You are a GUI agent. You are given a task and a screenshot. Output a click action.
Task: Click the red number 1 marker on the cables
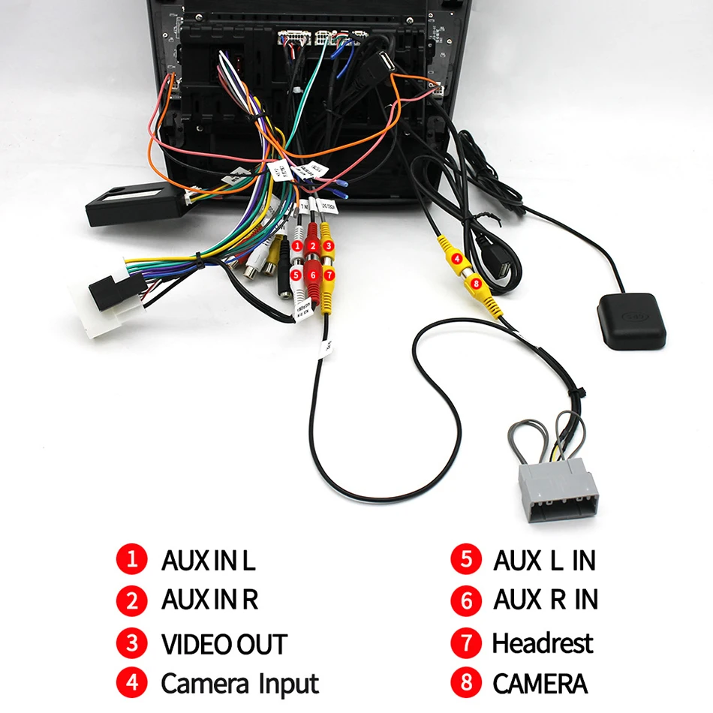pos(298,245)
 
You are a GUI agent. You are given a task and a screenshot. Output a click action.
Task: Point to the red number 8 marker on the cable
pos(475,283)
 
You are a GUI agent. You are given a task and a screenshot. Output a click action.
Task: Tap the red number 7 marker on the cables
pos(328,275)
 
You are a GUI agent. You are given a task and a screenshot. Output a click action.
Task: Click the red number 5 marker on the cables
pos(297,275)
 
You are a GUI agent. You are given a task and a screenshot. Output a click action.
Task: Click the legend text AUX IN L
pos(209,560)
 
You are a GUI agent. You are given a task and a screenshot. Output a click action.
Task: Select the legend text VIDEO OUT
pos(224,644)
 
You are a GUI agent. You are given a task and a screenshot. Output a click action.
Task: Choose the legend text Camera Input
pos(239,684)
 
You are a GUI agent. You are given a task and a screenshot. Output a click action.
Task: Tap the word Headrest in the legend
pos(542,643)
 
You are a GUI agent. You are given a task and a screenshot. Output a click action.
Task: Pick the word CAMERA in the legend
pos(540,684)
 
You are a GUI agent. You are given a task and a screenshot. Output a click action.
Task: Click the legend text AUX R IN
pos(545,600)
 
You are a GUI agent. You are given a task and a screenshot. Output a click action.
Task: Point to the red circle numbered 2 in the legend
pos(132,600)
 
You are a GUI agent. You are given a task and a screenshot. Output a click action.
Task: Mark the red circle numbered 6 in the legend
pos(465,600)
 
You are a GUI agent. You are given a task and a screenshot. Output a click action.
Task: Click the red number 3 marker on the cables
pos(327,245)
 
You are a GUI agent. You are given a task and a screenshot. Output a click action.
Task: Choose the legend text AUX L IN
pos(544,560)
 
